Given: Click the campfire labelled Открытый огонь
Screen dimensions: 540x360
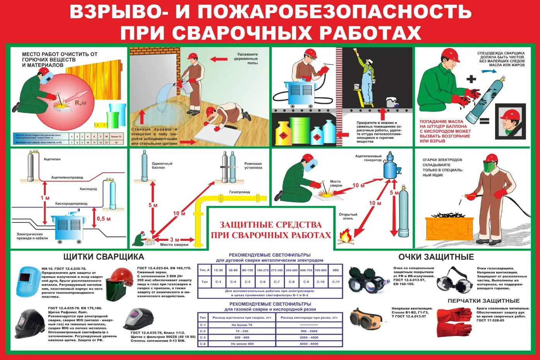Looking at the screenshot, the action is point(346,237).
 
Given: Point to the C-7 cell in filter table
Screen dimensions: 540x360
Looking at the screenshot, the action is point(276,282).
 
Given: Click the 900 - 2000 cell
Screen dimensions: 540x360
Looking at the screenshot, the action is point(309,331).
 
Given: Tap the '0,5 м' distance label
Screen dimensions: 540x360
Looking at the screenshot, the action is point(104,219).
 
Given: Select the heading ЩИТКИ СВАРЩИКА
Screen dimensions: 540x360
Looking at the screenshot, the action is point(103,257).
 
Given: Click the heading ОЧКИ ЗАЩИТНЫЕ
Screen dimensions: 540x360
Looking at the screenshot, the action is point(436,257).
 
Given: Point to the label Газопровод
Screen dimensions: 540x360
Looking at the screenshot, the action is point(240,192).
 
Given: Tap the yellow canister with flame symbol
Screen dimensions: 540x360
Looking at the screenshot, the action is point(284,134).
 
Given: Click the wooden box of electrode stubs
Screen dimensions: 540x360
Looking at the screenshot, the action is point(449,228).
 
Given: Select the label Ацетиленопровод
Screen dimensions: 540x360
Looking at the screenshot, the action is point(67,177).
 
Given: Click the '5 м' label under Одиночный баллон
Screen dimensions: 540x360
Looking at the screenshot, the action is point(153,205).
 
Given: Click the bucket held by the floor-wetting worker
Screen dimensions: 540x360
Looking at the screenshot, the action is point(187,87).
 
